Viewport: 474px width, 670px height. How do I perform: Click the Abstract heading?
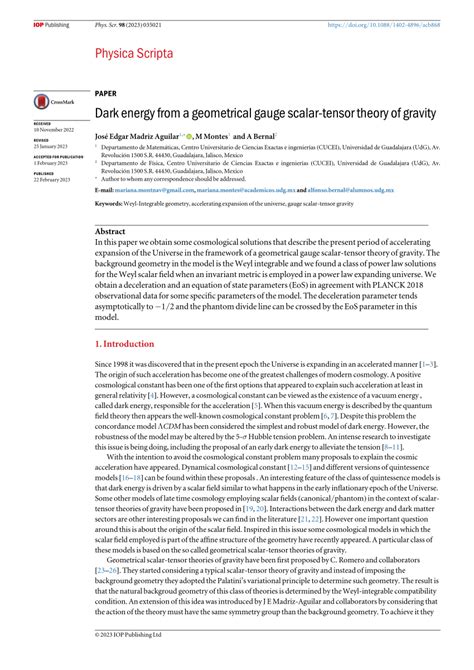point(110,230)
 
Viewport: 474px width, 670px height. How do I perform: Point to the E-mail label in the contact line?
point(105,189)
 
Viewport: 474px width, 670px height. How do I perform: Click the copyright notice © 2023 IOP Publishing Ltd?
point(129,662)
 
